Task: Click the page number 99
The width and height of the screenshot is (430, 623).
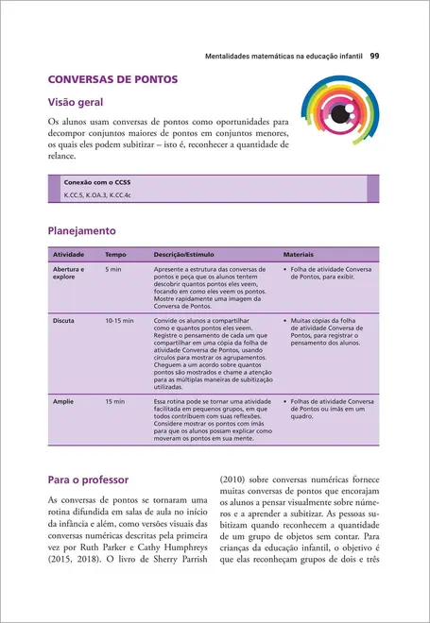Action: (374, 56)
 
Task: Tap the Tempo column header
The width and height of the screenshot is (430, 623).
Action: (115, 255)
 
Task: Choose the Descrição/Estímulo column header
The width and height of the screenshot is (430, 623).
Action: (185, 255)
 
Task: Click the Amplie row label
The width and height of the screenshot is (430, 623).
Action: (63, 401)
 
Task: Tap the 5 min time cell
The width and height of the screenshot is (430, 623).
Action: (113, 270)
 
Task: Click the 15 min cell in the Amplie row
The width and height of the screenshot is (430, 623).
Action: (114, 401)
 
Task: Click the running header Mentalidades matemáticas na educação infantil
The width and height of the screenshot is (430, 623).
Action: (284, 56)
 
